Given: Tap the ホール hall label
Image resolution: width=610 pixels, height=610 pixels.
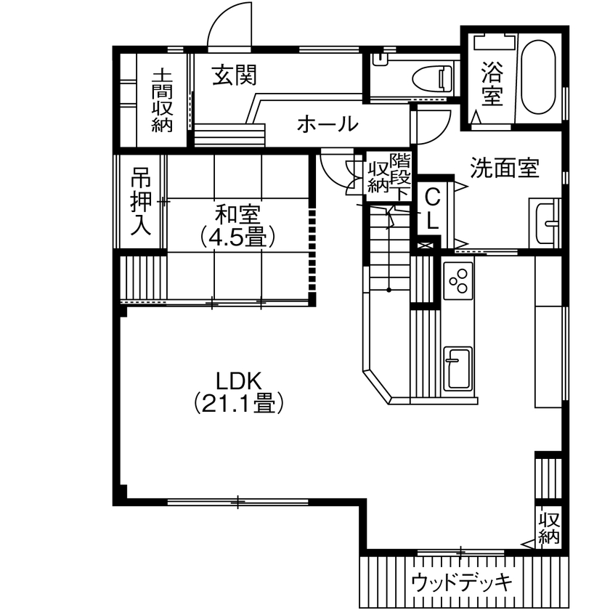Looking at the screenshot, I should point(328,124).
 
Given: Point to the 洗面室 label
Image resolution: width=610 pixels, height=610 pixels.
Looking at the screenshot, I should point(504,168).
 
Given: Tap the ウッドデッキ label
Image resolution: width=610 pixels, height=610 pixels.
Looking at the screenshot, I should point(462,582).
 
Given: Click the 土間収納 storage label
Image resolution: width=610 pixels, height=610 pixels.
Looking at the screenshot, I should point(161,99).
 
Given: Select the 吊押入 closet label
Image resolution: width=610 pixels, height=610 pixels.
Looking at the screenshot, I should point(141,203).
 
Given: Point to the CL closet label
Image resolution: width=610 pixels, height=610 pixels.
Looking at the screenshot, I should point(432,208).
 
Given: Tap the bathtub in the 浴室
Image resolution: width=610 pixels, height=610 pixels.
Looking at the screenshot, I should point(540,77).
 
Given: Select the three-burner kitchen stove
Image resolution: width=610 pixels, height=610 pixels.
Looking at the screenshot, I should point(459,282).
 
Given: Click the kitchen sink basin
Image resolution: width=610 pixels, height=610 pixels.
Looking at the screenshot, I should point(458,367).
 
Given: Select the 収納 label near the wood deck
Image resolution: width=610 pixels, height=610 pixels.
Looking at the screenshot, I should point(549,528).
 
